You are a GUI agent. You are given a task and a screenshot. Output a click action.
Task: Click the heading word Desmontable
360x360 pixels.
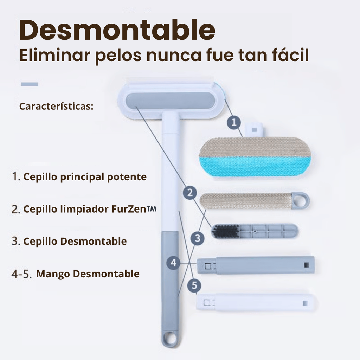click(x=117, y=30)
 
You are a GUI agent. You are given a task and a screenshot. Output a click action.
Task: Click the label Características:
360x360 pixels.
click(x=56, y=106)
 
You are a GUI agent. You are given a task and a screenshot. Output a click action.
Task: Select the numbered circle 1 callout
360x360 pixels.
click(x=234, y=122)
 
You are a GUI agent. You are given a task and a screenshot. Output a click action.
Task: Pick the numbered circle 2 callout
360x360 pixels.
click(x=190, y=193)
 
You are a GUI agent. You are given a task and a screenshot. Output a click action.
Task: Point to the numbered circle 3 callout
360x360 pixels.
click(x=198, y=238)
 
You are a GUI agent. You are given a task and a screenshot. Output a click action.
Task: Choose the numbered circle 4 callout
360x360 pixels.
click(x=174, y=263)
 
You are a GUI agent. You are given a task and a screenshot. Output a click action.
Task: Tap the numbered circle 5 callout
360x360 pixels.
click(x=194, y=285)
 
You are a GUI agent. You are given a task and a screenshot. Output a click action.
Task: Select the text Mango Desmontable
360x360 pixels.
click(x=88, y=274)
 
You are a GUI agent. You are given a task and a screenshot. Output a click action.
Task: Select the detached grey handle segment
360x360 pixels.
click(x=256, y=265)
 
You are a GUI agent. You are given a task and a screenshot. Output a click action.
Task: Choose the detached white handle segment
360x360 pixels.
click(x=256, y=303)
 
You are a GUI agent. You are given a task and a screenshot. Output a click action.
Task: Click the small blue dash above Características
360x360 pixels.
click(x=30, y=84)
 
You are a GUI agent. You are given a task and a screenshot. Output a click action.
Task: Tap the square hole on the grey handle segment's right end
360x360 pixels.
click(x=306, y=265)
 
